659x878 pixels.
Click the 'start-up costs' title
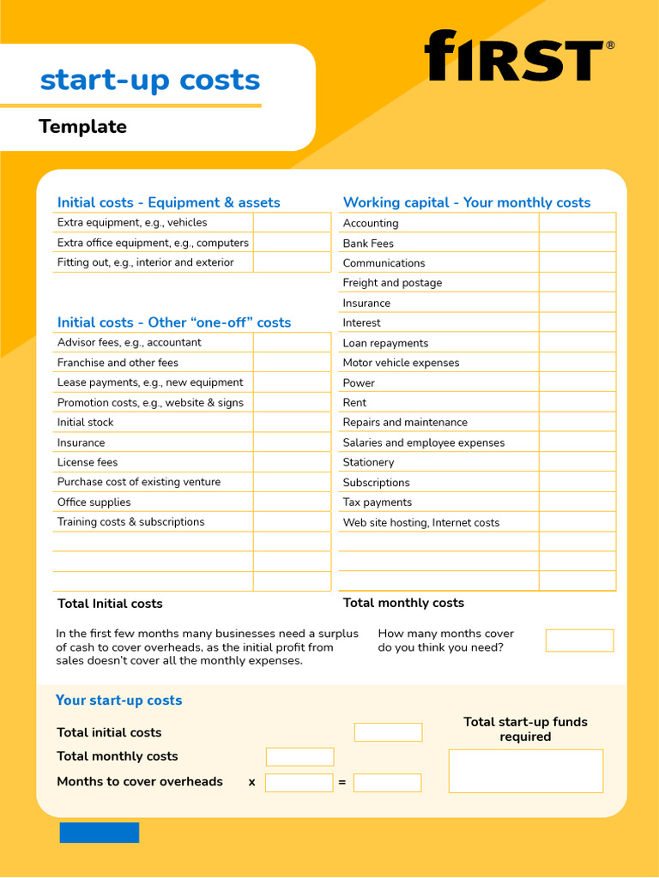[x=150, y=80]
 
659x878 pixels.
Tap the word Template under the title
[x=82, y=127]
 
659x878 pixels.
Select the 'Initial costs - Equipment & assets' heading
[x=168, y=202]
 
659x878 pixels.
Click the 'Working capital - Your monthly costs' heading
[x=466, y=202]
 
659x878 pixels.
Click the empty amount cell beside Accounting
[x=577, y=223]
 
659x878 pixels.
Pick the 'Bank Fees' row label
[x=368, y=244]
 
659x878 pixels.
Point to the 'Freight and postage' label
[x=392, y=283]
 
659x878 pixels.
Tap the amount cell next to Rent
[x=577, y=402]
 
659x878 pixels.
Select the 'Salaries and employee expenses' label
[x=423, y=442]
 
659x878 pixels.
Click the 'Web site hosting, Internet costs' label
[x=420, y=522]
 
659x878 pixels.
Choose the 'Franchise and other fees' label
[x=118, y=363]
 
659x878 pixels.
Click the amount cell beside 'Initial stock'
[x=292, y=423]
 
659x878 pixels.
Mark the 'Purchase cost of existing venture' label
[x=139, y=482]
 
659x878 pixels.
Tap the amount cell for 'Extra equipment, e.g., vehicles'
[x=292, y=223]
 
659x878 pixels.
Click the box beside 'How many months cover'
[x=579, y=640]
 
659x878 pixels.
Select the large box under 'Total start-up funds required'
[x=525, y=771]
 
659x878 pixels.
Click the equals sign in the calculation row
[x=342, y=783]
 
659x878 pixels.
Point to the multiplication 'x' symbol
[x=251, y=783]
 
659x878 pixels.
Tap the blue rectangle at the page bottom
[x=99, y=833]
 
